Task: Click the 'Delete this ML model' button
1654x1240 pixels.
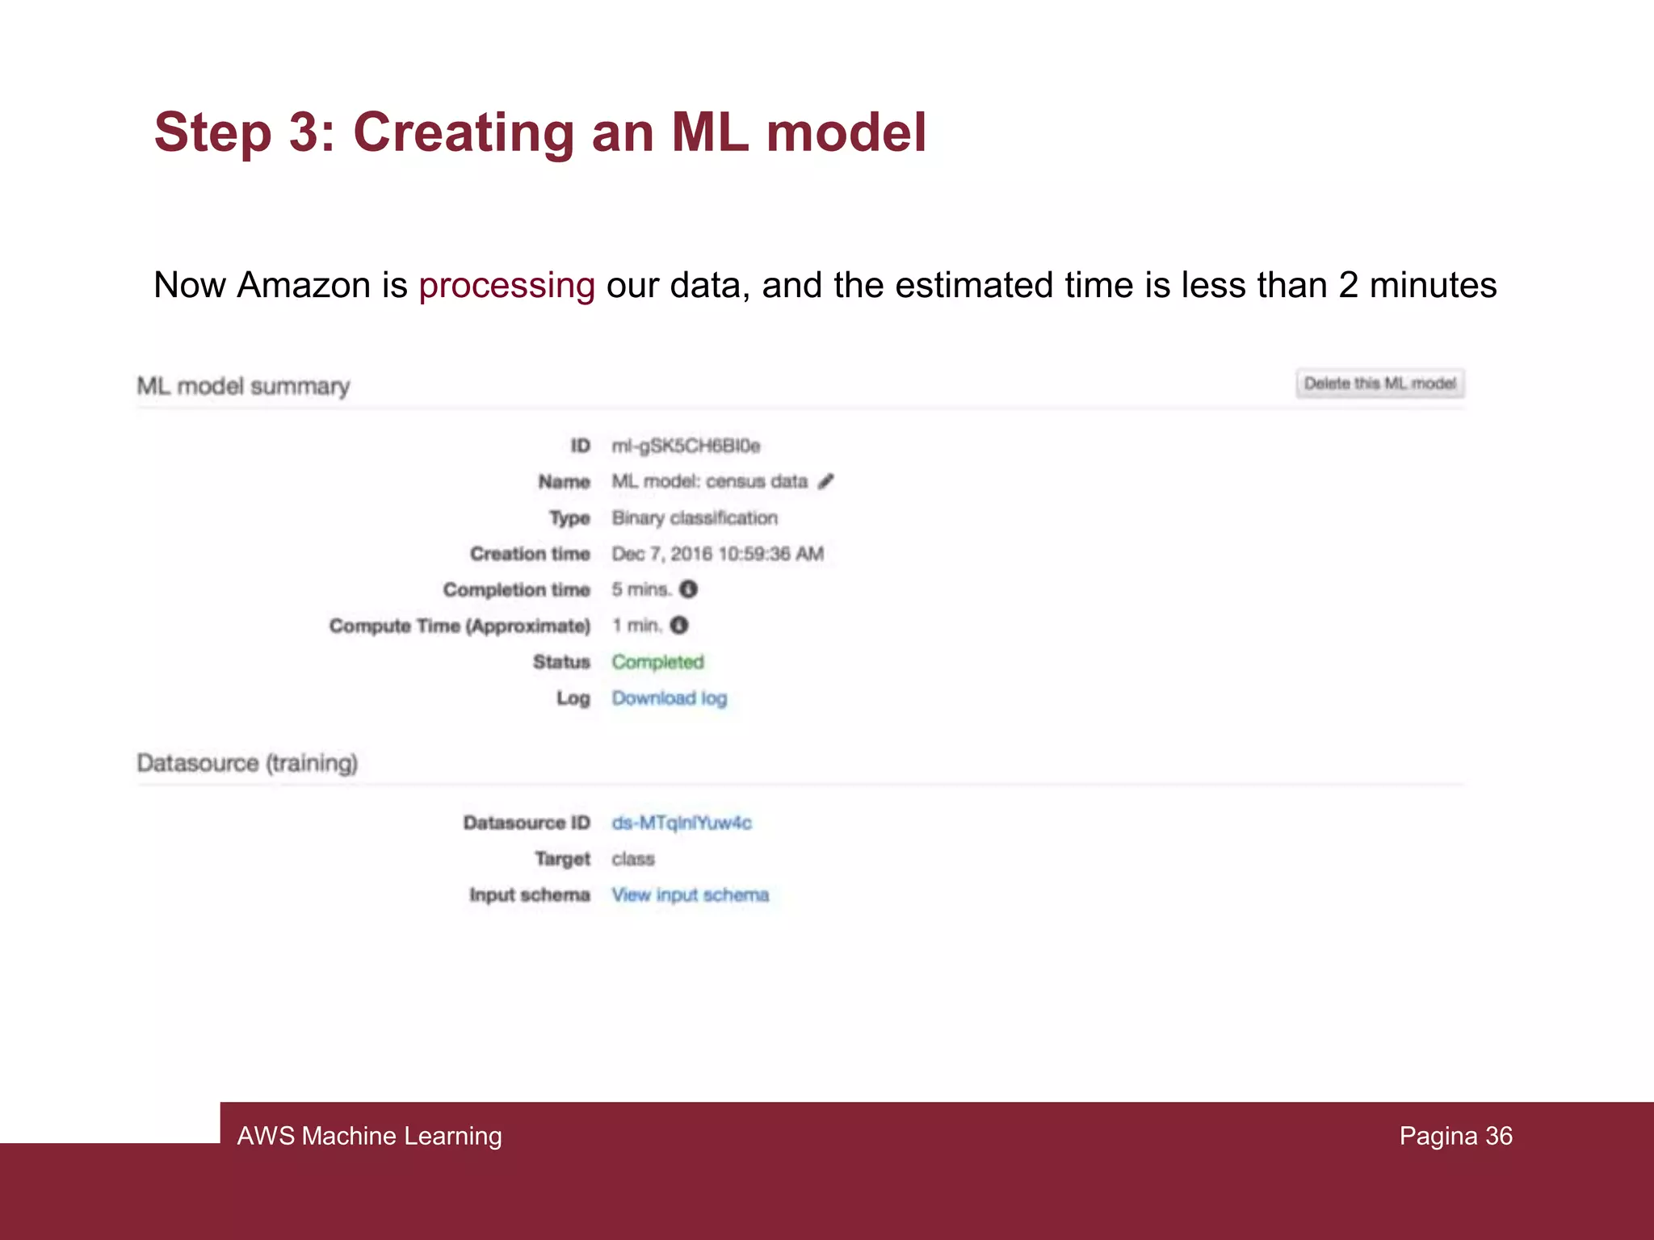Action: click(x=1379, y=383)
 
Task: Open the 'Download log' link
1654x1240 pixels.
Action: click(x=669, y=698)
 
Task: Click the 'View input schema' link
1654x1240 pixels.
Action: click(x=690, y=895)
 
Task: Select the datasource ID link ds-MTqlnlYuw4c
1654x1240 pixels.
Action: click(x=681, y=823)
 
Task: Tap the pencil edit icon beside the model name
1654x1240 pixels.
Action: click(x=825, y=482)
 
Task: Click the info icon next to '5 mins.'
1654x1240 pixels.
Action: click(x=688, y=589)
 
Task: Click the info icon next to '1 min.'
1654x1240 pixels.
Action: click(x=679, y=626)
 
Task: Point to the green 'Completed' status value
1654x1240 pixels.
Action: click(x=657, y=662)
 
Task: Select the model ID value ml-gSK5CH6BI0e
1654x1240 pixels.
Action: click(x=686, y=446)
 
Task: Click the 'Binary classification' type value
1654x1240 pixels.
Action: click(x=695, y=518)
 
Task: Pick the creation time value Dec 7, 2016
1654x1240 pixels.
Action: click(x=717, y=554)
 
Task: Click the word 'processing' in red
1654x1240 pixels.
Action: click(x=506, y=285)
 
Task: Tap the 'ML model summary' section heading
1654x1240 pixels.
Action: click(x=243, y=387)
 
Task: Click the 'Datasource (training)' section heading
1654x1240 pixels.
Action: click(x=247, y=763)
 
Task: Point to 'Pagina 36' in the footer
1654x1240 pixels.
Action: click(x=1455, y=1136)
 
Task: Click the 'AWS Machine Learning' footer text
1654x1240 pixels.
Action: click(x=369, y=1136)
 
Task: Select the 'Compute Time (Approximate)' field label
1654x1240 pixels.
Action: click(x=460, y=626)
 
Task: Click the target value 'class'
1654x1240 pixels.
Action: click(x=633, y=859)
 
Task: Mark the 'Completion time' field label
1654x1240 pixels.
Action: click(x=516, y=590)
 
